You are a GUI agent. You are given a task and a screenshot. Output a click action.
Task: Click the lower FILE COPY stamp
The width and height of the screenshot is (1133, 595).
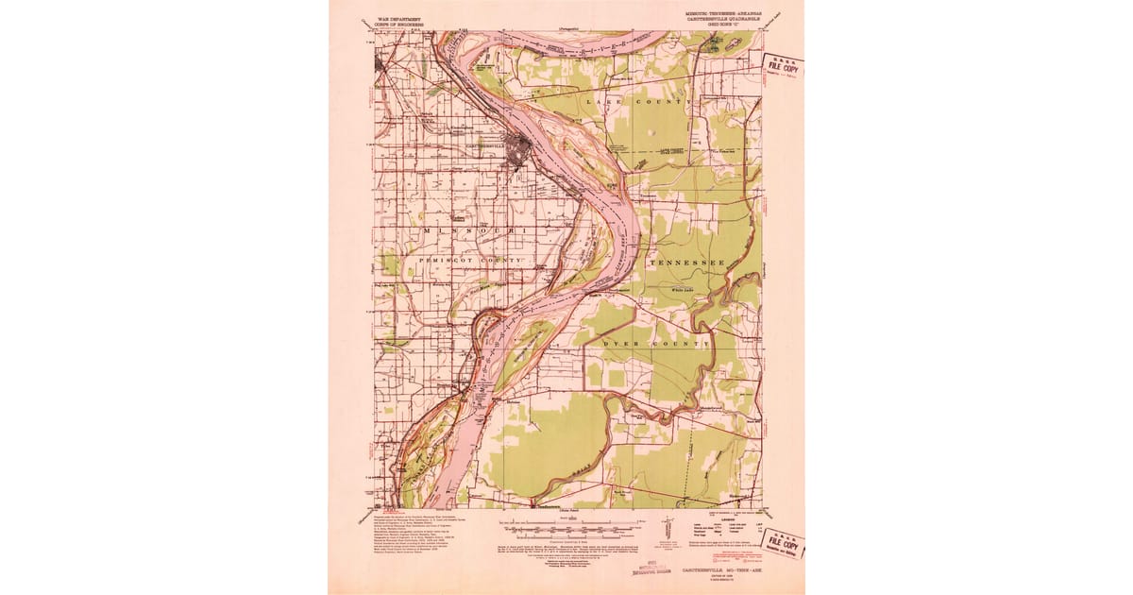point(782,545)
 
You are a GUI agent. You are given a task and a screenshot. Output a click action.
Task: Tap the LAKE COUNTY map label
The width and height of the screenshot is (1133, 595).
point(641,99)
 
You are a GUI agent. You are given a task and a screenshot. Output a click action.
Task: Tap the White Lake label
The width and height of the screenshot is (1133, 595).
point(683,289)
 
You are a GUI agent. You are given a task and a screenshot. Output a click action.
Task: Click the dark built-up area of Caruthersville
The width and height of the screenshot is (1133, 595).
point(517,149)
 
